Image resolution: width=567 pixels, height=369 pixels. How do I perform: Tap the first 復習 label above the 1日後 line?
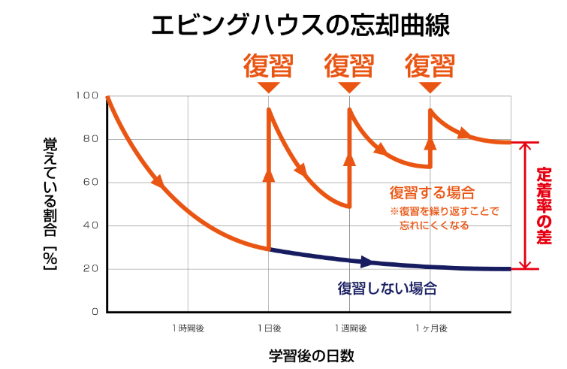click(267, 66)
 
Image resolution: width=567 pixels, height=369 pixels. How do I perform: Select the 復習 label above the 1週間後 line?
click(349, 66)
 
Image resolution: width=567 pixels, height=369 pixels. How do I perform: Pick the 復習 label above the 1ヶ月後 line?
click(430, 66)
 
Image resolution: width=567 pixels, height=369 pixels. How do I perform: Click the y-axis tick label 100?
click(88, 96)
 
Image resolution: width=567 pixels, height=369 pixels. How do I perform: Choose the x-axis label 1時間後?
click(188, 328)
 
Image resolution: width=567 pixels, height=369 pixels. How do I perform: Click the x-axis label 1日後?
click(269, 328)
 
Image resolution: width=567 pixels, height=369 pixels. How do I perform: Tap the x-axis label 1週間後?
click(350, 328)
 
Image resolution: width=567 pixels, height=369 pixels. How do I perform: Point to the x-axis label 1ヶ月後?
click(430, 328)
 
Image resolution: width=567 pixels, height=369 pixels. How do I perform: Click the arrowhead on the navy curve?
click(367, 262)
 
